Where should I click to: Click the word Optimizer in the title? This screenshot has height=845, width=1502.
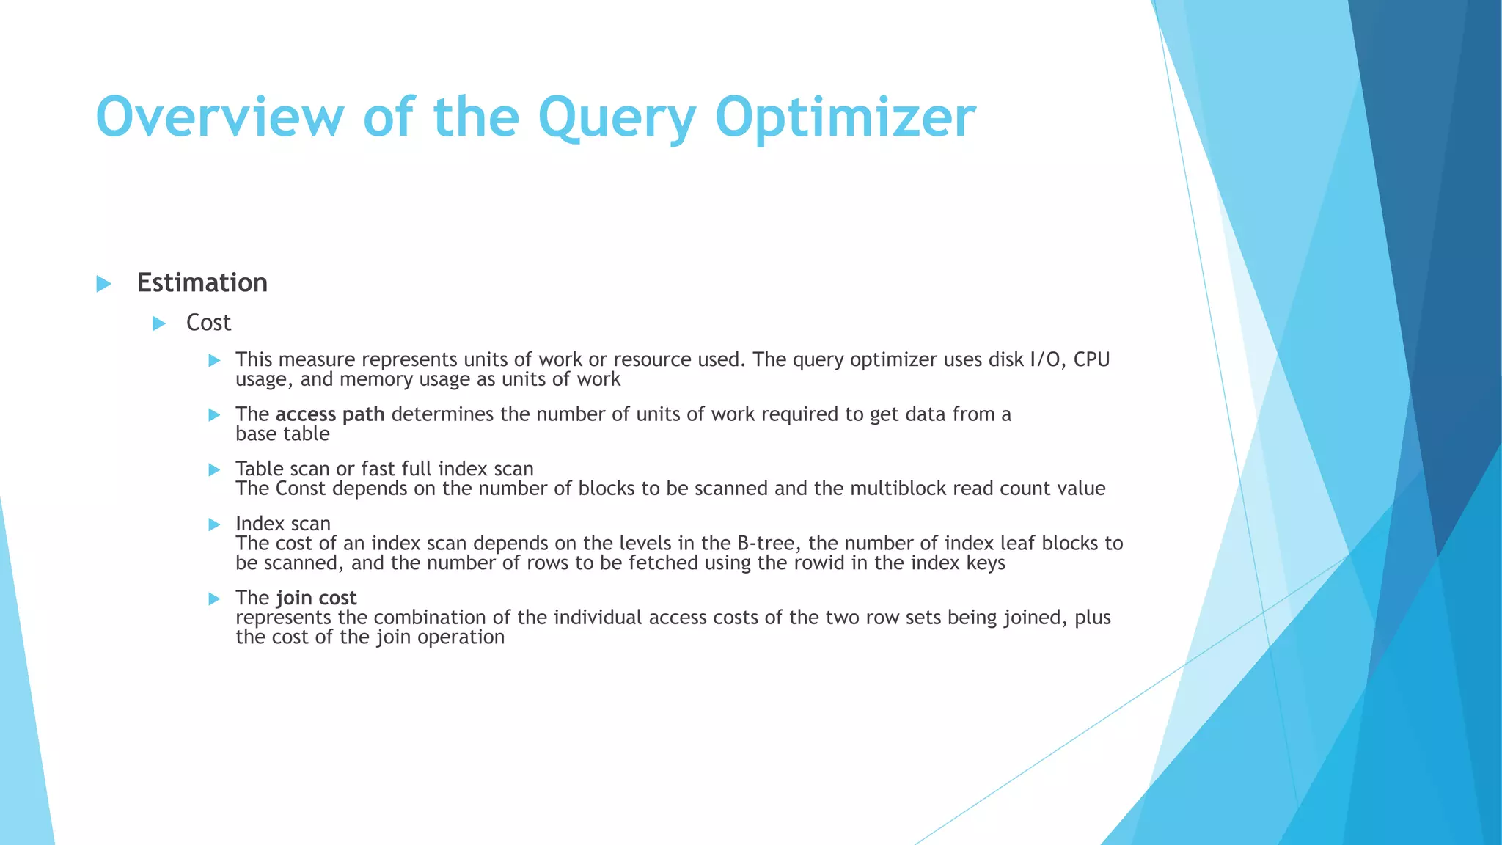click(x=845, y=117)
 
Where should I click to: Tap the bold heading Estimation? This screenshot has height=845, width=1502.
click(x=202, y=283)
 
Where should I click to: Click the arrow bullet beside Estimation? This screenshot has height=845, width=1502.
click(x=104, y=284)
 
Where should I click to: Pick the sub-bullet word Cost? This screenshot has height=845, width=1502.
click(x=208, y=323)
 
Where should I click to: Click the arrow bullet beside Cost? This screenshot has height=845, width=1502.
click(x=159, y=323)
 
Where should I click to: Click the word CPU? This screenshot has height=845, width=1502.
click(x=1092, y=359)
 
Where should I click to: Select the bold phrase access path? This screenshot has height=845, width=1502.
click(x=330, y=414)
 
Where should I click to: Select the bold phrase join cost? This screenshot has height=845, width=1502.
click(x=316, y=598)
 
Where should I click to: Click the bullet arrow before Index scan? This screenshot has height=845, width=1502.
click(x=214, y=524)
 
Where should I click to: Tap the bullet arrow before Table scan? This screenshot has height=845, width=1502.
click(x=214, y=469)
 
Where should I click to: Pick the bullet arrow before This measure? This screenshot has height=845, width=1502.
click(x=214, y=360)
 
